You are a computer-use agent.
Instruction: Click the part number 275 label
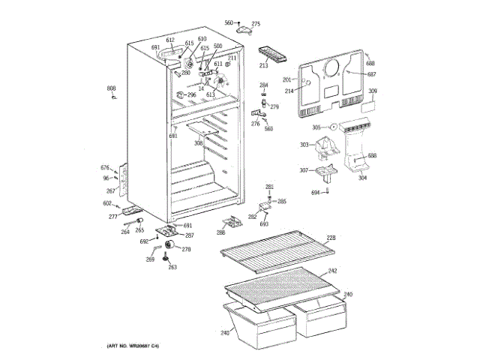[256, 24]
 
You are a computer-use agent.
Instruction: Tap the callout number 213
[264, 66]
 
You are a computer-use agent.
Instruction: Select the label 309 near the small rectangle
[372, 91]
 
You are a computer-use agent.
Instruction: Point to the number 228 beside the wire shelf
[331, 238]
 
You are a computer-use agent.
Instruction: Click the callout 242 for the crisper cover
[332, 271]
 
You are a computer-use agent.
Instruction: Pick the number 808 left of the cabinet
[111, 88]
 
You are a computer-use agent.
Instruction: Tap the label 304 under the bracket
[362, 178]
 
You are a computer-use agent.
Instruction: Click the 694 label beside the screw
[316, 193]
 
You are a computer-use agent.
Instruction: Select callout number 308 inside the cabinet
[199, 142]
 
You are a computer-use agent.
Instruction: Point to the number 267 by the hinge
[110, 191]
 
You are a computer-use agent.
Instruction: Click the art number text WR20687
[136, 345]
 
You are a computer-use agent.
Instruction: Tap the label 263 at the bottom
[172, 267]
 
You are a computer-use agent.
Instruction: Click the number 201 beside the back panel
[286, 80]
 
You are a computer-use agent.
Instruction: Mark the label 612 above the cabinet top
[170, 40]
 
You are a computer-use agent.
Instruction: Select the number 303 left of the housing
[304, 145]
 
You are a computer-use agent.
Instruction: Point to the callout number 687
[371, 73]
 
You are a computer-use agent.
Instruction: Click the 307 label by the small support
[304, 171]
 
